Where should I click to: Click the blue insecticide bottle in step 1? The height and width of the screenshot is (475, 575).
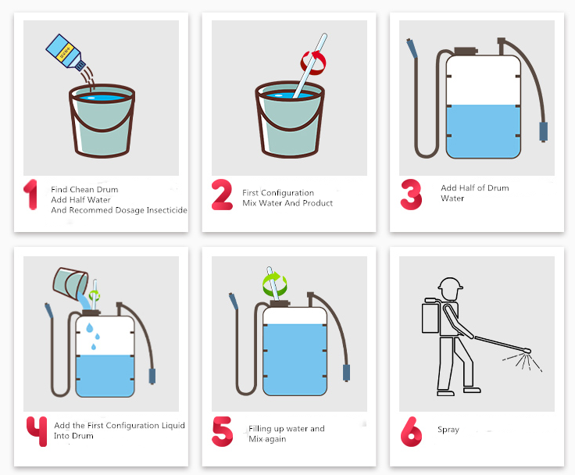click(x=66, y=52)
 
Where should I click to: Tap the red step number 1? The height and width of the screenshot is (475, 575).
click(x=30, y=195)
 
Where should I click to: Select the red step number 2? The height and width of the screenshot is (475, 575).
click(x=222, y=195)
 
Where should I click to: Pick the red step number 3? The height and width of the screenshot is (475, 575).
click(x=411, y=195)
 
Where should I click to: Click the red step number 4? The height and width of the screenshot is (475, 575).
click(x=37, y=431)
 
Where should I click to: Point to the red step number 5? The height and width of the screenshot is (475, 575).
click(x=222, y=431)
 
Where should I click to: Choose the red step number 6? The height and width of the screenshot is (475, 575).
click(x=411, y=431)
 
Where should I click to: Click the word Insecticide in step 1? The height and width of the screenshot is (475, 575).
click(x=167, y=210)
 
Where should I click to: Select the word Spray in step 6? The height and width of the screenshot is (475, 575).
click(x=448, y=430)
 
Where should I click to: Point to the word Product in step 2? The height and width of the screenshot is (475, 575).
click(x=317, y=203)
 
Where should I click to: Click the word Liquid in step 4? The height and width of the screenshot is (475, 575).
click(x=173, y=426)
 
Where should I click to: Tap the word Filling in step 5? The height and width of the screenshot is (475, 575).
click(x=260, y=429)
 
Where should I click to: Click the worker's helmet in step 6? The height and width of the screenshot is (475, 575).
click(x=450, y=283)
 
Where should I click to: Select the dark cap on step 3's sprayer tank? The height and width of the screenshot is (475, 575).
click(x=466, y=51)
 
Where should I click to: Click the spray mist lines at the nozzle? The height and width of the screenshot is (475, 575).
click(x=523, y=362)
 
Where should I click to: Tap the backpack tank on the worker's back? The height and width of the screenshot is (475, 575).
click(x=430, y=316)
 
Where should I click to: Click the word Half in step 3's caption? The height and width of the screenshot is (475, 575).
click(x=467, y=187)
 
